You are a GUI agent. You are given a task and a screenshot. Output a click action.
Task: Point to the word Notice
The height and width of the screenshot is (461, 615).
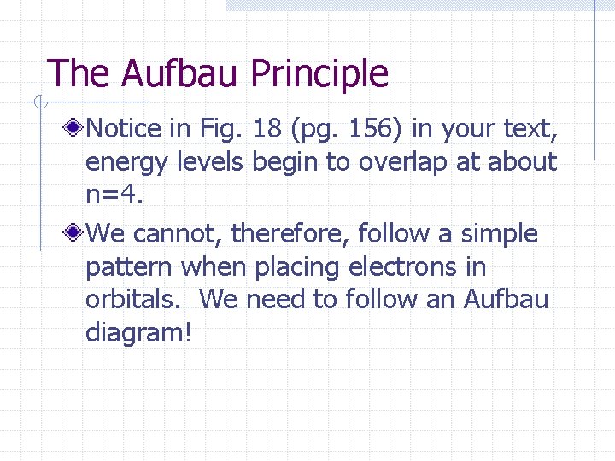pyautogui.click(x=124, y=129)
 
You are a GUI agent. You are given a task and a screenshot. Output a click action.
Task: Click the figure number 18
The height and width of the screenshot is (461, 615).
pyautogui.click(x=266, y=129)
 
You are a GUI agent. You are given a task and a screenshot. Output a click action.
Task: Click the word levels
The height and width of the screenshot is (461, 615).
pyautogui.click(x=209, y=162)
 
